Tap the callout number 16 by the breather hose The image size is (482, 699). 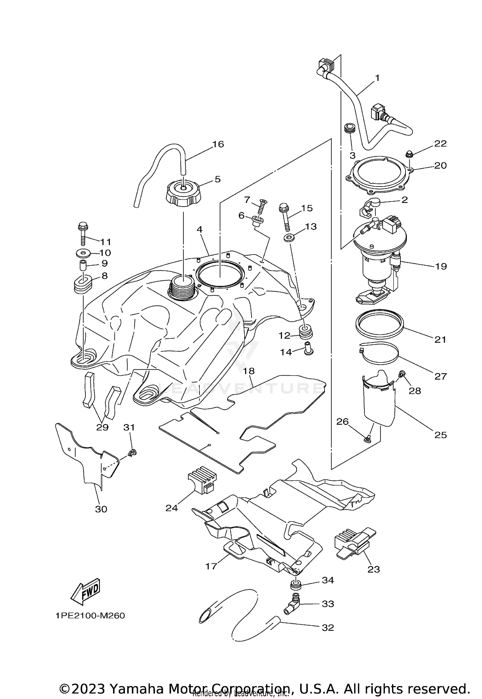[218, 144]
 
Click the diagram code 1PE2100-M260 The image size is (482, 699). [90, 616]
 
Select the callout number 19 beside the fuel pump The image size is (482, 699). [441, 266]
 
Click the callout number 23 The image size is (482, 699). [374, 569]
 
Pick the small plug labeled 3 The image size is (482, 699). [349, 129]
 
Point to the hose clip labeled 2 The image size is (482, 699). [369, 207]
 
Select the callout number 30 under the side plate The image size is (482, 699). [101, 509]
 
